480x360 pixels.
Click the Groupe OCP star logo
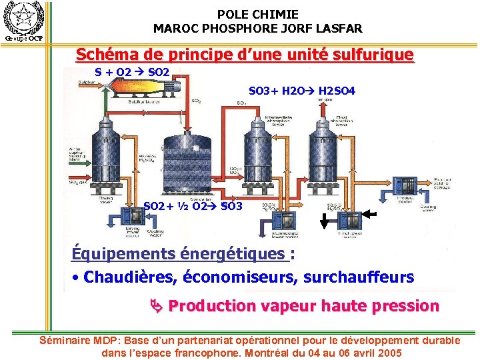coord(23,17)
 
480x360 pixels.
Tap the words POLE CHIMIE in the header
coord(257,14)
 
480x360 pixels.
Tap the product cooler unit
coord(404,186)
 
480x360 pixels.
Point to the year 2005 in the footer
coord(387,353)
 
